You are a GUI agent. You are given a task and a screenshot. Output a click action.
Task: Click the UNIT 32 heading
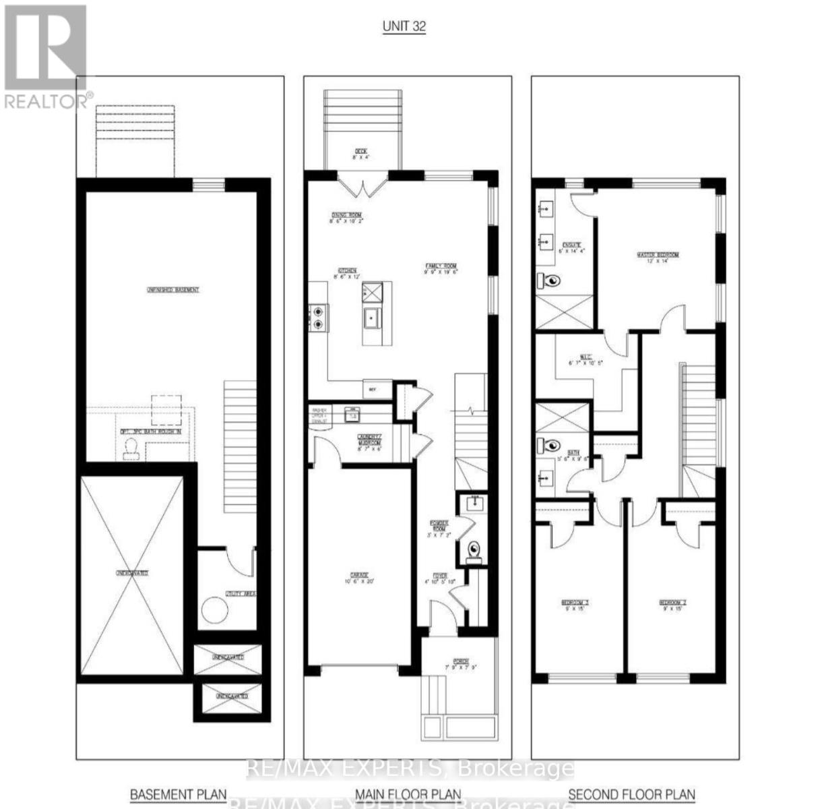[x=404, y=27]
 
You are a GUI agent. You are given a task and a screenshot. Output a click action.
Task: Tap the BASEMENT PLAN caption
[x=178, y=794]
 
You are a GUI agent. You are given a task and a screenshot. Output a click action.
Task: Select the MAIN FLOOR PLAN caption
[x=408, y=794]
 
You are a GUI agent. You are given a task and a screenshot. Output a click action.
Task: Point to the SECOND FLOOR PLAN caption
[x=631, y=794]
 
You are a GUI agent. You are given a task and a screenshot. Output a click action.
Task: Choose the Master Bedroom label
[x=658, y=256]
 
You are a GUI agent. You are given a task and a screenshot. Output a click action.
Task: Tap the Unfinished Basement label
[x=173, y=290]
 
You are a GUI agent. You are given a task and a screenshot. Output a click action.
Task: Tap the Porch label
[x=461, y=663]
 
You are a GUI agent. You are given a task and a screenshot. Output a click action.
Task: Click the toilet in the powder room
[x=474, y=549]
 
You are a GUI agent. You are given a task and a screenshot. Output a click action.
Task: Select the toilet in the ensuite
[x=551, y=279]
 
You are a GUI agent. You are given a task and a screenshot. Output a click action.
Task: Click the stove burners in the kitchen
[x=317, y=317]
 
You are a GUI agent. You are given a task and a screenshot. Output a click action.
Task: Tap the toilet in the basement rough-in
[x=131, y=448]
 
